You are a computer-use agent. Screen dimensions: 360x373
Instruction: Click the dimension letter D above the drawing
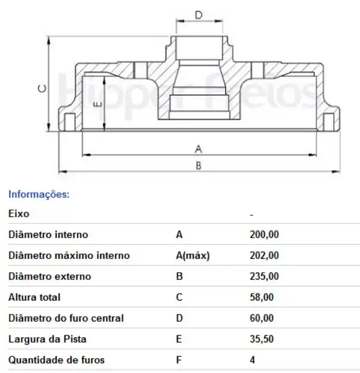(x=198, y=15)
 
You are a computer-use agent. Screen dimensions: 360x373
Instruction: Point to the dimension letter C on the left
(x=42, y=89)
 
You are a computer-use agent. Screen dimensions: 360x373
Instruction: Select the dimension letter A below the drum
(x=198, y=149)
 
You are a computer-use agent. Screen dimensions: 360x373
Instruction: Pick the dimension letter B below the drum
(x=198, y=165)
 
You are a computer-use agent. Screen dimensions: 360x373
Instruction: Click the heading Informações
(x=39, y=195)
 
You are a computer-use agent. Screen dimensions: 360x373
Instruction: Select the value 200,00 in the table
(x=264, y=235)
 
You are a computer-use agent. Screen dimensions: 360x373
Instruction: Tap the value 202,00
(x=264, y=255)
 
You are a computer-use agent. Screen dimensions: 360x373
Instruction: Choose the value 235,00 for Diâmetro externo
(x=264, y=276)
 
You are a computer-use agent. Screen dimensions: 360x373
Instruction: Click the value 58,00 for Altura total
(x=262, y=297)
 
